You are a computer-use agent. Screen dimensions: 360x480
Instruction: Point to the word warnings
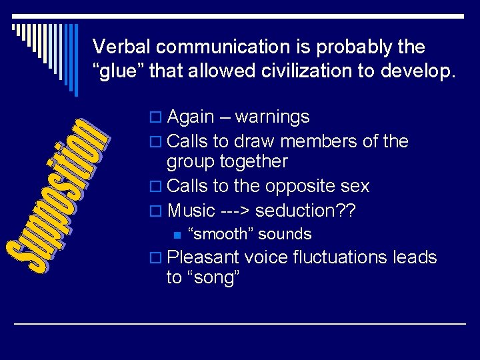[x=273, y=117]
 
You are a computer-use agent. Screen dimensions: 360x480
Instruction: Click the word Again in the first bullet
[x=191, y=117]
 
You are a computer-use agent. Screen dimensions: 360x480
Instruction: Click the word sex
[x=355, y=186]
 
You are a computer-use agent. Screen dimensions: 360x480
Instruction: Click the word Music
[x=192, y=211]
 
